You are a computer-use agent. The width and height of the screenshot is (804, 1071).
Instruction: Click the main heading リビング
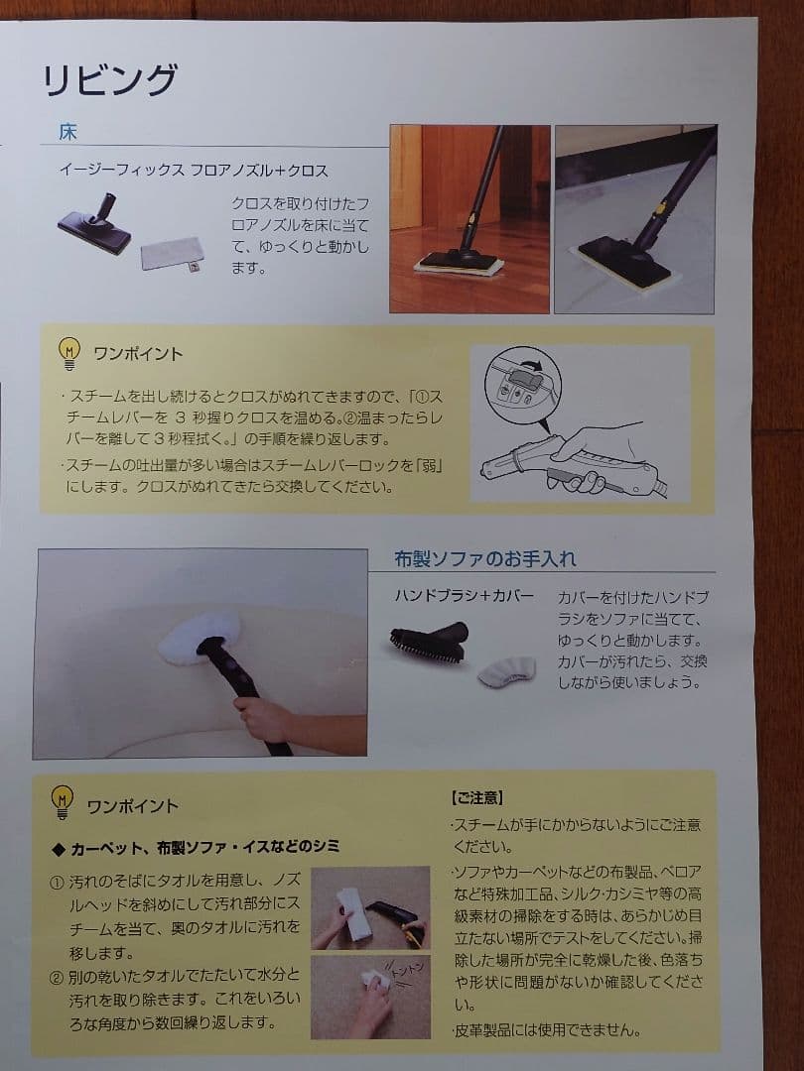pyautogui.click(x=109, y=80)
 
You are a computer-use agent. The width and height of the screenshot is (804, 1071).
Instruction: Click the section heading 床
pyautogui.click(x=67, y=132)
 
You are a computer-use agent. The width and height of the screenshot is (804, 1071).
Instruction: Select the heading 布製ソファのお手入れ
pyautogui.click(x=484, y=558)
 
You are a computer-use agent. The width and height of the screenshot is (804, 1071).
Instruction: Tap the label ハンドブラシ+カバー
pyautogui.click(x=464, y=596)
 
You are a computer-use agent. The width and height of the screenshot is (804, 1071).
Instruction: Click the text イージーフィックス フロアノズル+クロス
pyautogui.click(x=193, y=171)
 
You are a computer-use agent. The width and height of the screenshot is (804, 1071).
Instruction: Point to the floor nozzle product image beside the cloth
pyautogui.click(x=97, y=223)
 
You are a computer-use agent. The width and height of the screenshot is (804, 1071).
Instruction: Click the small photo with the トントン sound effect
pyautogui.click(x=370, y=996)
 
